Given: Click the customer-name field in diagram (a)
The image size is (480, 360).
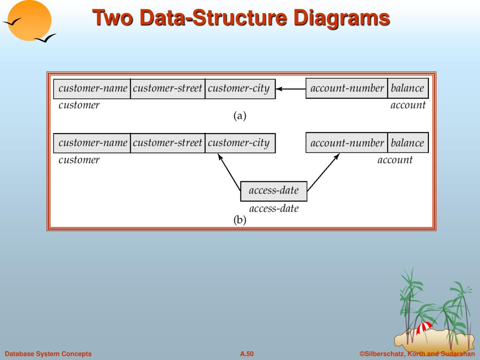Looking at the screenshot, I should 92,89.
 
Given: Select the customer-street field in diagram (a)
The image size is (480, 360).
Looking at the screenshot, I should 167,89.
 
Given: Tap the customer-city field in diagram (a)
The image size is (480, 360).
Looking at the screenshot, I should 240,89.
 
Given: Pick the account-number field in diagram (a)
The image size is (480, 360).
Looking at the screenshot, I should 347,89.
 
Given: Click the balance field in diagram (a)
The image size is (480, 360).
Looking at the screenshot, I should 407,89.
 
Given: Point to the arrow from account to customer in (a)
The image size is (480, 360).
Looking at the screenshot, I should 291,89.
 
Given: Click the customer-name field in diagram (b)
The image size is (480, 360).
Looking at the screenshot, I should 92,143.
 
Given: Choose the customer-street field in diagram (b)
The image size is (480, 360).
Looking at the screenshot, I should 167,143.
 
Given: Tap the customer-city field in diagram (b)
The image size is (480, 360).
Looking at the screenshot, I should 240,143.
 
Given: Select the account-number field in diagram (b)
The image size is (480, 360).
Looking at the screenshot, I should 347,143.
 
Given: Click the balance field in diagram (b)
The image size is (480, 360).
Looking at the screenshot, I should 407,143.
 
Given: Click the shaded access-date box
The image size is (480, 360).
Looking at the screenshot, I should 274,191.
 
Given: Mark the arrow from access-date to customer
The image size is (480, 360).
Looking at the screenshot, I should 229,171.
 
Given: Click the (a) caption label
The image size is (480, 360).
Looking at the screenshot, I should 240,116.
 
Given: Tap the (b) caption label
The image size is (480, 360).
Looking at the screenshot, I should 240,220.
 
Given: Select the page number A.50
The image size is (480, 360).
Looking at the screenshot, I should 247,354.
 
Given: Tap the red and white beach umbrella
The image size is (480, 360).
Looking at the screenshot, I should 425,327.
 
